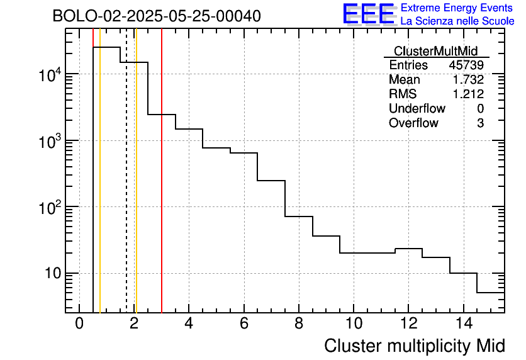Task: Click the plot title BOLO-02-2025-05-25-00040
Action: tap(157, 16)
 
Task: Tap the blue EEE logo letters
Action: tap(368, 14)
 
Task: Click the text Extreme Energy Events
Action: tap(457, 8)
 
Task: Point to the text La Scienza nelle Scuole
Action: tap(457, 21)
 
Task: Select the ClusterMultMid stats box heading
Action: tap(435, 51)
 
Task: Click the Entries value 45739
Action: tap(466, 65)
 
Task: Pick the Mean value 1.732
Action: tap(467, 80)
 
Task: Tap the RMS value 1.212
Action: tap(467, 94)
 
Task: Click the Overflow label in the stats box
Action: tap(413, 123)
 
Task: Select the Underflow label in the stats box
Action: tap(417, 109)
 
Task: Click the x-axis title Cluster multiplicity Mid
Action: tap(415, 346)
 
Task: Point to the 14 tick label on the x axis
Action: tap(462, 324)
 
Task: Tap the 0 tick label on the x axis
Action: tap(79, 324)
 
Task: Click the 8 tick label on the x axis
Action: tap(298, 324)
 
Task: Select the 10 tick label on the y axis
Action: tap(52, 274)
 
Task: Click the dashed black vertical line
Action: tap(126, 189)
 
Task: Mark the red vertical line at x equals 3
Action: tap(162, 189)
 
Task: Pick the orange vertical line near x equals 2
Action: tap(136, 189)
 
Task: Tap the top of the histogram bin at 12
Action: tap(408, 249)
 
